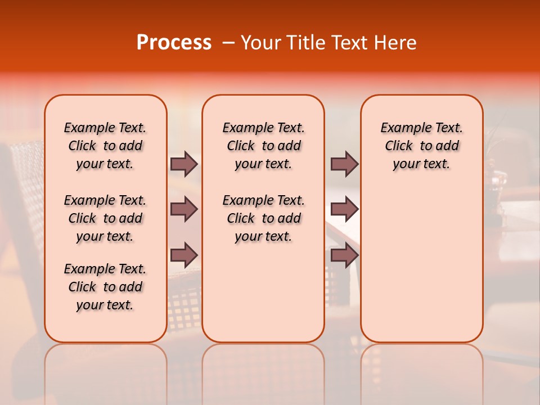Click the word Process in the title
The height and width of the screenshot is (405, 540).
point(174,43)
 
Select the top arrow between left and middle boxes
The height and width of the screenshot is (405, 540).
point(184,164)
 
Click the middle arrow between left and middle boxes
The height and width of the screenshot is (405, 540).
point(184,210)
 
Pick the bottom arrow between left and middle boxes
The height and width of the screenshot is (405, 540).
point(184,255)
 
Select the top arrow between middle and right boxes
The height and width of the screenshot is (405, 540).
point(344,164)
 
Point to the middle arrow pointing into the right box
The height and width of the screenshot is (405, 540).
point(344,210)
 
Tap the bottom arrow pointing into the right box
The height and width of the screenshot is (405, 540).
point(344,255)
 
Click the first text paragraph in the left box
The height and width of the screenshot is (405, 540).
point(105,146)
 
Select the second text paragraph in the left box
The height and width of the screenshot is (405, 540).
point(105,218)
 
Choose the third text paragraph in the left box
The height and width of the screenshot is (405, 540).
point(105,287)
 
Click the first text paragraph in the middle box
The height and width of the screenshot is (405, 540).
point(264,146)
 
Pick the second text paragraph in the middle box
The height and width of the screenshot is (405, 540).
point(264,218)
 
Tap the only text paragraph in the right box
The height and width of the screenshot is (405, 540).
point(422,146)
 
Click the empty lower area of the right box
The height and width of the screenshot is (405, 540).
point(422,270)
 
